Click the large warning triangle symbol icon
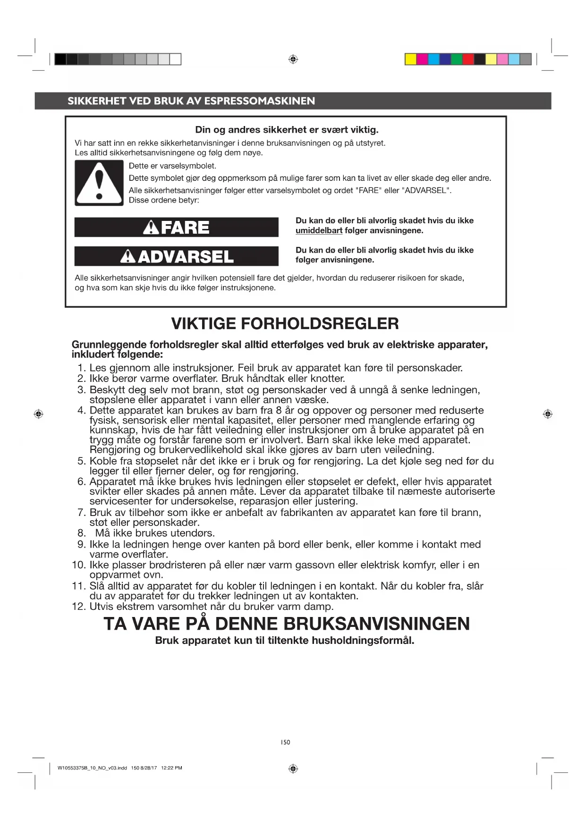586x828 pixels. (x=99, y=183)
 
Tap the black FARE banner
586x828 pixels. (x=176, y=228)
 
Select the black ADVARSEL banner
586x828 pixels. (x=176, y=257)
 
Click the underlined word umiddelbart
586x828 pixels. (x=319, y=231)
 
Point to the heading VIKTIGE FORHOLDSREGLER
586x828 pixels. (x=285, y=324)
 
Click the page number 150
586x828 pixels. (x=285, y=742)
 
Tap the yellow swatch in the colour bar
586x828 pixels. (x=410, y=59)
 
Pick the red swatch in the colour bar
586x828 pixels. (x=468, y=59)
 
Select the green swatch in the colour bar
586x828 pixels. (x=457, y=59)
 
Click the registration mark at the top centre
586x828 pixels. (x=293, y=59)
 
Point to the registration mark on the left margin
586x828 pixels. (x=39, y=414)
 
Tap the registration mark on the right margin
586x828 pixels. (x=548, y=414)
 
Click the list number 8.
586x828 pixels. (x=82, y=533)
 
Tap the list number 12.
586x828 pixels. (x=78, y=607)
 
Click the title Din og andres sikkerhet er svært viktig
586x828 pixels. (x=287, y=130)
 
